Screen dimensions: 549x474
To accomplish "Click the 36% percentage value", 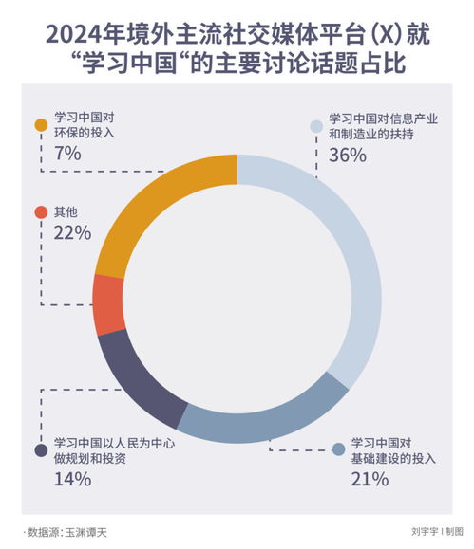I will pos(348,156).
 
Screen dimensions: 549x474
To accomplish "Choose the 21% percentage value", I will pos(370,479).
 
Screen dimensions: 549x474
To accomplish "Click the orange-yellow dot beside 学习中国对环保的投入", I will pos(41,125).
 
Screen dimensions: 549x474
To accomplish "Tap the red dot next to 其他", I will pos(40,211).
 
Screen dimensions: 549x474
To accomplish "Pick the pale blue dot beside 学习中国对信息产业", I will pos(316,125).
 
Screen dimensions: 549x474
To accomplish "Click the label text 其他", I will pos(66,211).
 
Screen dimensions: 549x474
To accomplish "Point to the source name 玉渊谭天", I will pos(85,532).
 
